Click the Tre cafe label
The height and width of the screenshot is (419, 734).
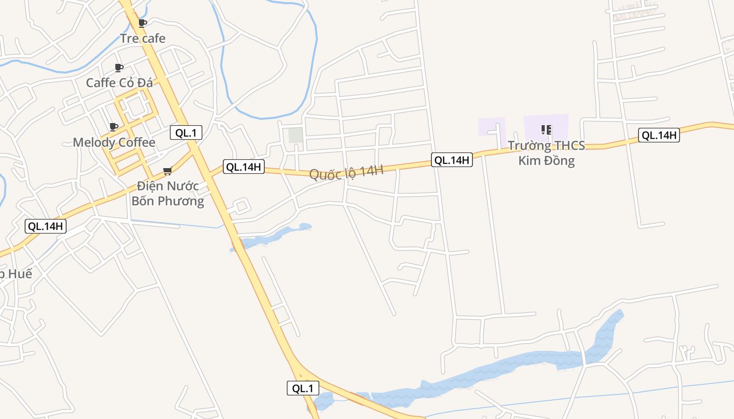pyautogui.click(x=143, y=38)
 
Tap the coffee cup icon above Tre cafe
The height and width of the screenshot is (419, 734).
pyautogui.click(x=142, y=23)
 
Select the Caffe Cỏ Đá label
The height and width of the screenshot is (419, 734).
pyautogui.click(x=119, y=83)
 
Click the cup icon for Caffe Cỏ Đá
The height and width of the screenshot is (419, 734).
pyautogui.click(x=119, y=68)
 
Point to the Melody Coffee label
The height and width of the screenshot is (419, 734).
pyautogui.click(x=114, y=142)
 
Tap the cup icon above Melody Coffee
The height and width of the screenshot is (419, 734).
pyautogui.click(x=113, y=127)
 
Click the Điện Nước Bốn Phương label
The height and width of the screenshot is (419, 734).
pyautogui.click(x=168, y=193)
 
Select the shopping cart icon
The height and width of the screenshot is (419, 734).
pyautogui.click(x=168, y=171)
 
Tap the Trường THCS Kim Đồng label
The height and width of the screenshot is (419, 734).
pyautogui.click(x=546, y=153)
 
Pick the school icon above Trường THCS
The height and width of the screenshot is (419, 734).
pyautogui.click(x=546, y=129)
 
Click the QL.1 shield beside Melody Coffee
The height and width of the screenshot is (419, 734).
pyautogui.click(x=186, y=133)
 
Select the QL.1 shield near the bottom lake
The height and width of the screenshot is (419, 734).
pyautogui.click(x=303, y=388)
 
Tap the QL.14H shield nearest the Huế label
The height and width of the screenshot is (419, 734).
pyautogui.click(x=46, y=226)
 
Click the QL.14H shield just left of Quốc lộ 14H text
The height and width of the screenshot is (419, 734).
pyautogui.click(x=244, y=167)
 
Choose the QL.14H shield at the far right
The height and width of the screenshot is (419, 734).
pyautogui.click(x=659, y=135)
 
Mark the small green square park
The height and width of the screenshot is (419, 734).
pyautogui.click(x=296, y=135)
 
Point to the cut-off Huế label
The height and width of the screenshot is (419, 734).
pyautogui.click(x=16, y=273)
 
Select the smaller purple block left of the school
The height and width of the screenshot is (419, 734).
pyautogui.click(x=491, y=127)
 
